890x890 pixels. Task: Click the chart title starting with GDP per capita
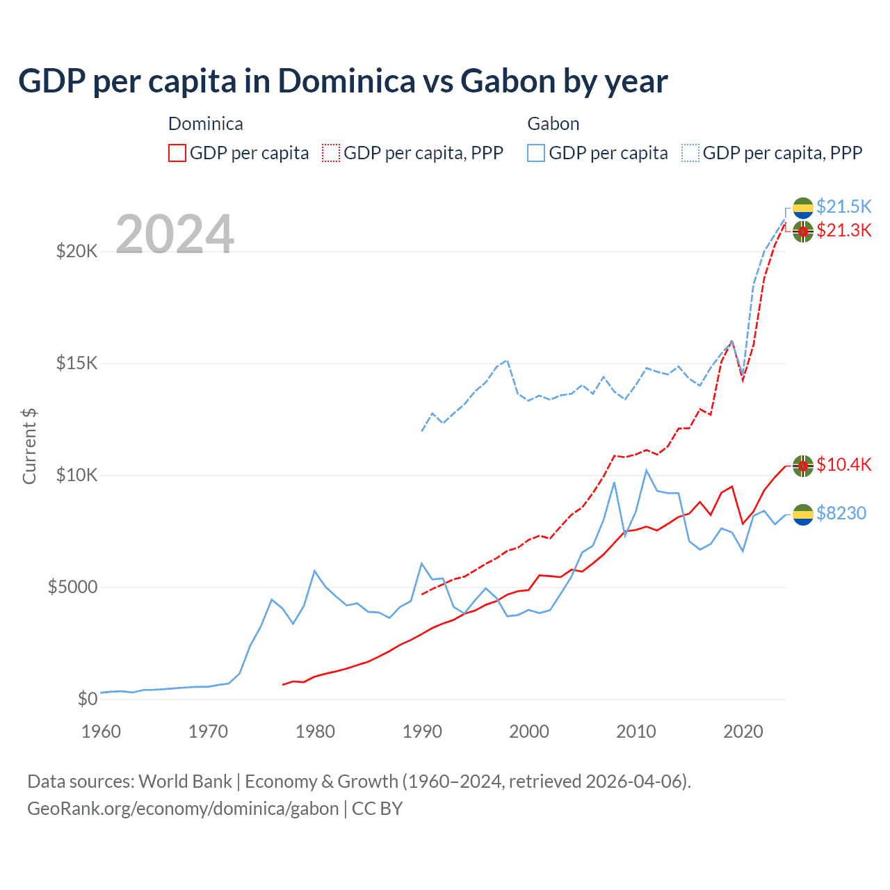point(343,81)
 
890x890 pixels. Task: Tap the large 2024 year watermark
point(175,234)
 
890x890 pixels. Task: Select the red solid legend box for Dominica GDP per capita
point(177,153)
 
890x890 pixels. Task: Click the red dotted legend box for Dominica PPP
point(332,153)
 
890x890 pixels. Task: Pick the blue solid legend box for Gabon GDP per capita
point(536,153)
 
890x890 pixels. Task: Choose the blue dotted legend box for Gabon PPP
point(690,153)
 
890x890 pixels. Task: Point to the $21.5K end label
point(843,207)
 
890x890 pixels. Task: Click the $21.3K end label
point(843,230)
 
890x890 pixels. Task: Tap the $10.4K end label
point(843,464)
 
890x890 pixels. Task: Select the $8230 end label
point(841,513)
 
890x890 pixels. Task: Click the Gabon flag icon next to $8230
point(803,515)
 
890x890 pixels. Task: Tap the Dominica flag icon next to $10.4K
point(803,466)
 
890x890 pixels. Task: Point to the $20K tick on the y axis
point(76,251)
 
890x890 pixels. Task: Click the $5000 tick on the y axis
point(72,587)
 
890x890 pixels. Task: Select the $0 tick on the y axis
point(87,699)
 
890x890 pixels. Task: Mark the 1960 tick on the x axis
point(102,731)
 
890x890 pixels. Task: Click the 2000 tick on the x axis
point(529,731)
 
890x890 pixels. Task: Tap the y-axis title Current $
point(29,446)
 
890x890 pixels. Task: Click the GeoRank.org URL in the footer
point(183,809)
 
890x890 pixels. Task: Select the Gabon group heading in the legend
point(553,124)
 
